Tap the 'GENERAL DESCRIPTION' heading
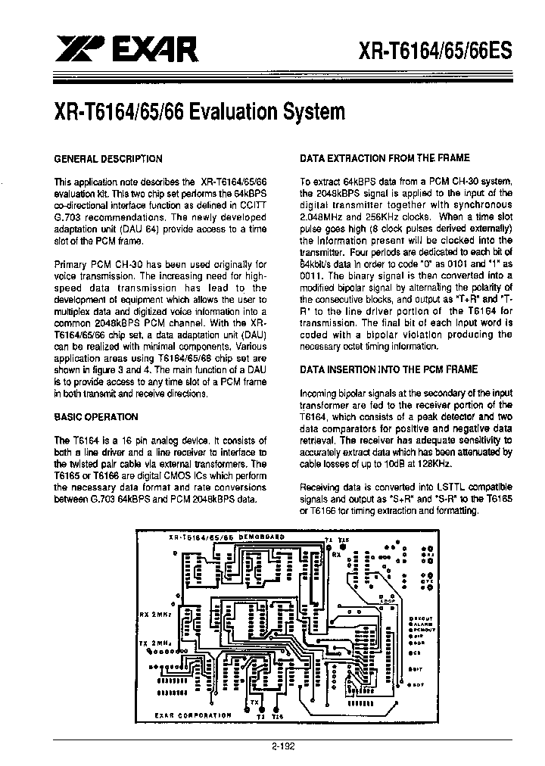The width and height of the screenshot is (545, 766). tap(108, 159)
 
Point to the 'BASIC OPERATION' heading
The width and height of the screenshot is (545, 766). tap(96, 417)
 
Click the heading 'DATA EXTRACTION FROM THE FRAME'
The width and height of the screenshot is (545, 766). tap(385, 158)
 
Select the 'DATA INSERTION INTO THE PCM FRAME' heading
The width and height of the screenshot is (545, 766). tap(389, 369)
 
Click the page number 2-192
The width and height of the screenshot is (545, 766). tap(283, 746)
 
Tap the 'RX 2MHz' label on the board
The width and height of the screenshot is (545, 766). tap(156, 614)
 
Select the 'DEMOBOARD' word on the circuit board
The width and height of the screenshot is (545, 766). tap(261, 535)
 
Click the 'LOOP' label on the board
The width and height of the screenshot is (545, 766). tap(387, 599)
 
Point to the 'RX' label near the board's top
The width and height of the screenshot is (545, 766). tap(335, 555)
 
